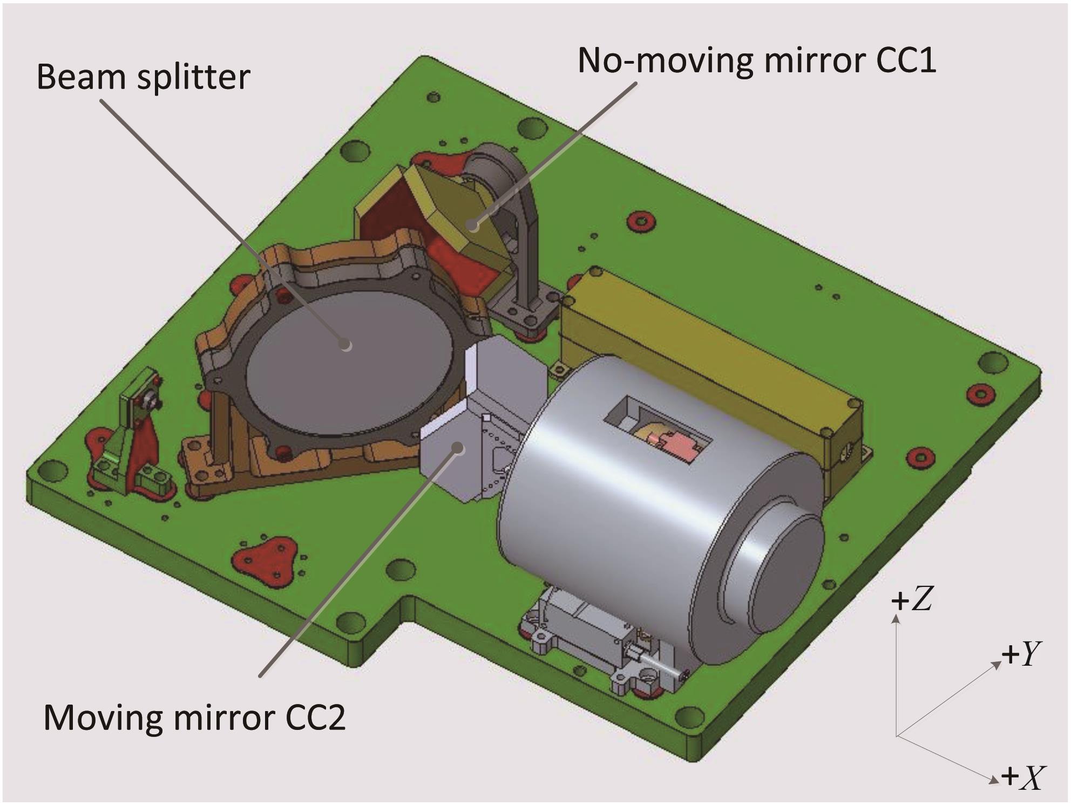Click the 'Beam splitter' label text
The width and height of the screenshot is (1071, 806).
pos(144,77)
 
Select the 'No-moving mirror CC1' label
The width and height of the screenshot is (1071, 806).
pos(757,60)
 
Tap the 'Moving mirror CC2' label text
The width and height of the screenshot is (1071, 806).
pos(194,718)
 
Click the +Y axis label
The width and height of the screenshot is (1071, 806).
pos(1021,654)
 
